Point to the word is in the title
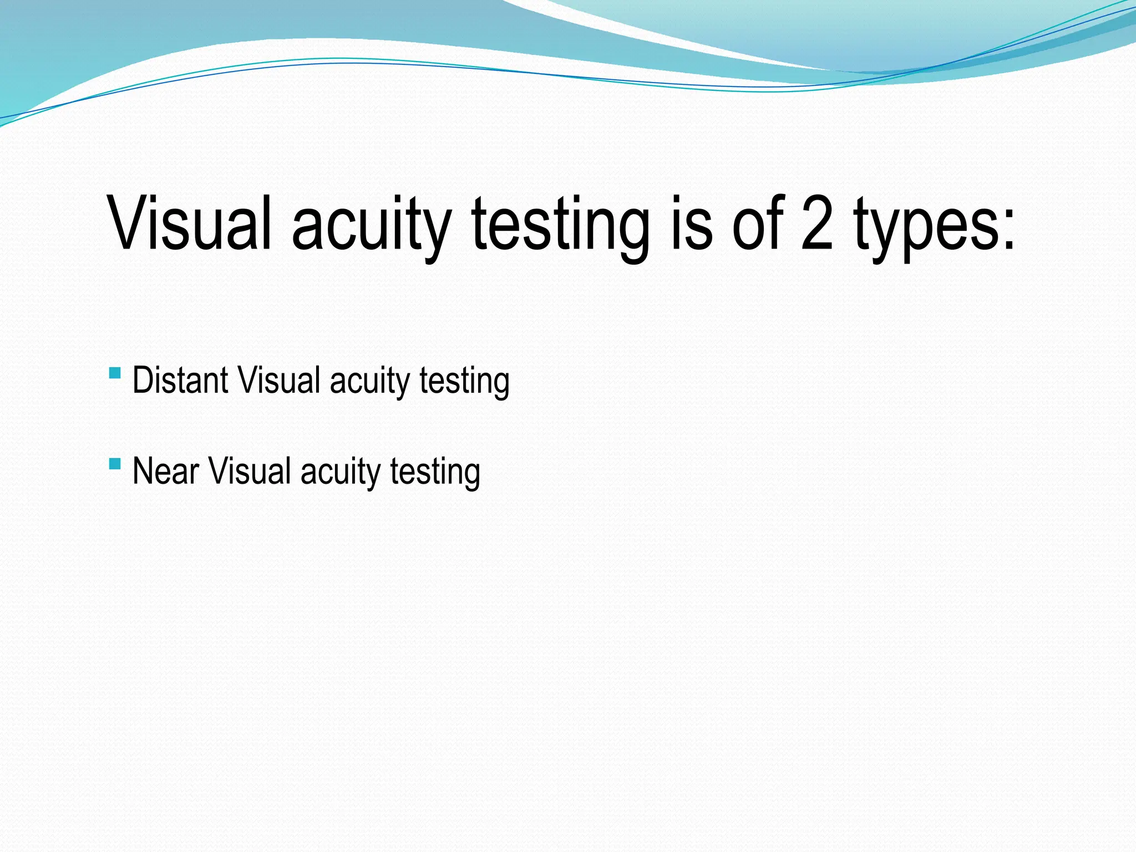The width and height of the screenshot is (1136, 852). (x=691, y=223)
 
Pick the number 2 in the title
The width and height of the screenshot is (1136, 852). (x=817, y=223)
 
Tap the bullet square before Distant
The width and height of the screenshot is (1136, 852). (x=115, y=373)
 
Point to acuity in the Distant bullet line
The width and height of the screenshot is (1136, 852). (x=369, y=383)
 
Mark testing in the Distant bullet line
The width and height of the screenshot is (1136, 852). (x=464, y=383)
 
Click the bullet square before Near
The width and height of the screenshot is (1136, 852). (x=115, y=464)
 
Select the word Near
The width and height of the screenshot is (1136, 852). (x=165, y=471)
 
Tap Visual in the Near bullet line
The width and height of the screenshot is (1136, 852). (x=250, y=471)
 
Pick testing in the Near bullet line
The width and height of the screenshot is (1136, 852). (x=435, y=474)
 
